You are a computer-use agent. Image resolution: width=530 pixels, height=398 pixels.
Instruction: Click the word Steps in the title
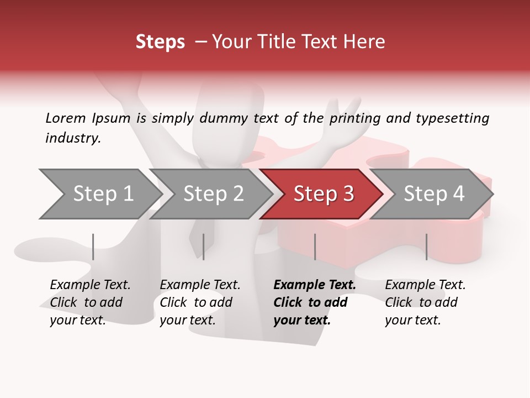click(x=160, y=42)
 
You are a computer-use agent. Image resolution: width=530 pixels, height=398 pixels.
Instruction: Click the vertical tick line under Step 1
click(x=93, y=247)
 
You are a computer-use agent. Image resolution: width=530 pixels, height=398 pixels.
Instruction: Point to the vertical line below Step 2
click(x=204, y=247)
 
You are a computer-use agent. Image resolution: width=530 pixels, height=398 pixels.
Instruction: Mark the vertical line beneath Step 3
click(x=315, y=247)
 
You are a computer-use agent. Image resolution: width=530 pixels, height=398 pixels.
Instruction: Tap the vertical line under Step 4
click(x=426, y=247)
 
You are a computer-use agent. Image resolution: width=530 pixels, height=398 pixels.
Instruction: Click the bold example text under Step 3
click(x=314, y=302)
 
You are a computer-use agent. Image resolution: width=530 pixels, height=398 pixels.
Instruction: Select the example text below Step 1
click(x=89, y=302)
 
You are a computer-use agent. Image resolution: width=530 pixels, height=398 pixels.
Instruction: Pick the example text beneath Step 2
click(x=199, y=302)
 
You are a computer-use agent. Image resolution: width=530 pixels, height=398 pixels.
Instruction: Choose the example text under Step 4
click(x=425, y=302)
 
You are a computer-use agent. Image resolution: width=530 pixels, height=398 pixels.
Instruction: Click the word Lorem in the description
click(x=65, y=118)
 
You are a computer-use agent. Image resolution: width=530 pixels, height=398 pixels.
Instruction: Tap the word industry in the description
click(x=72, y=138)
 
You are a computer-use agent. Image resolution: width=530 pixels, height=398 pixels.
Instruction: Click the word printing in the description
click(x=354, y=118)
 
